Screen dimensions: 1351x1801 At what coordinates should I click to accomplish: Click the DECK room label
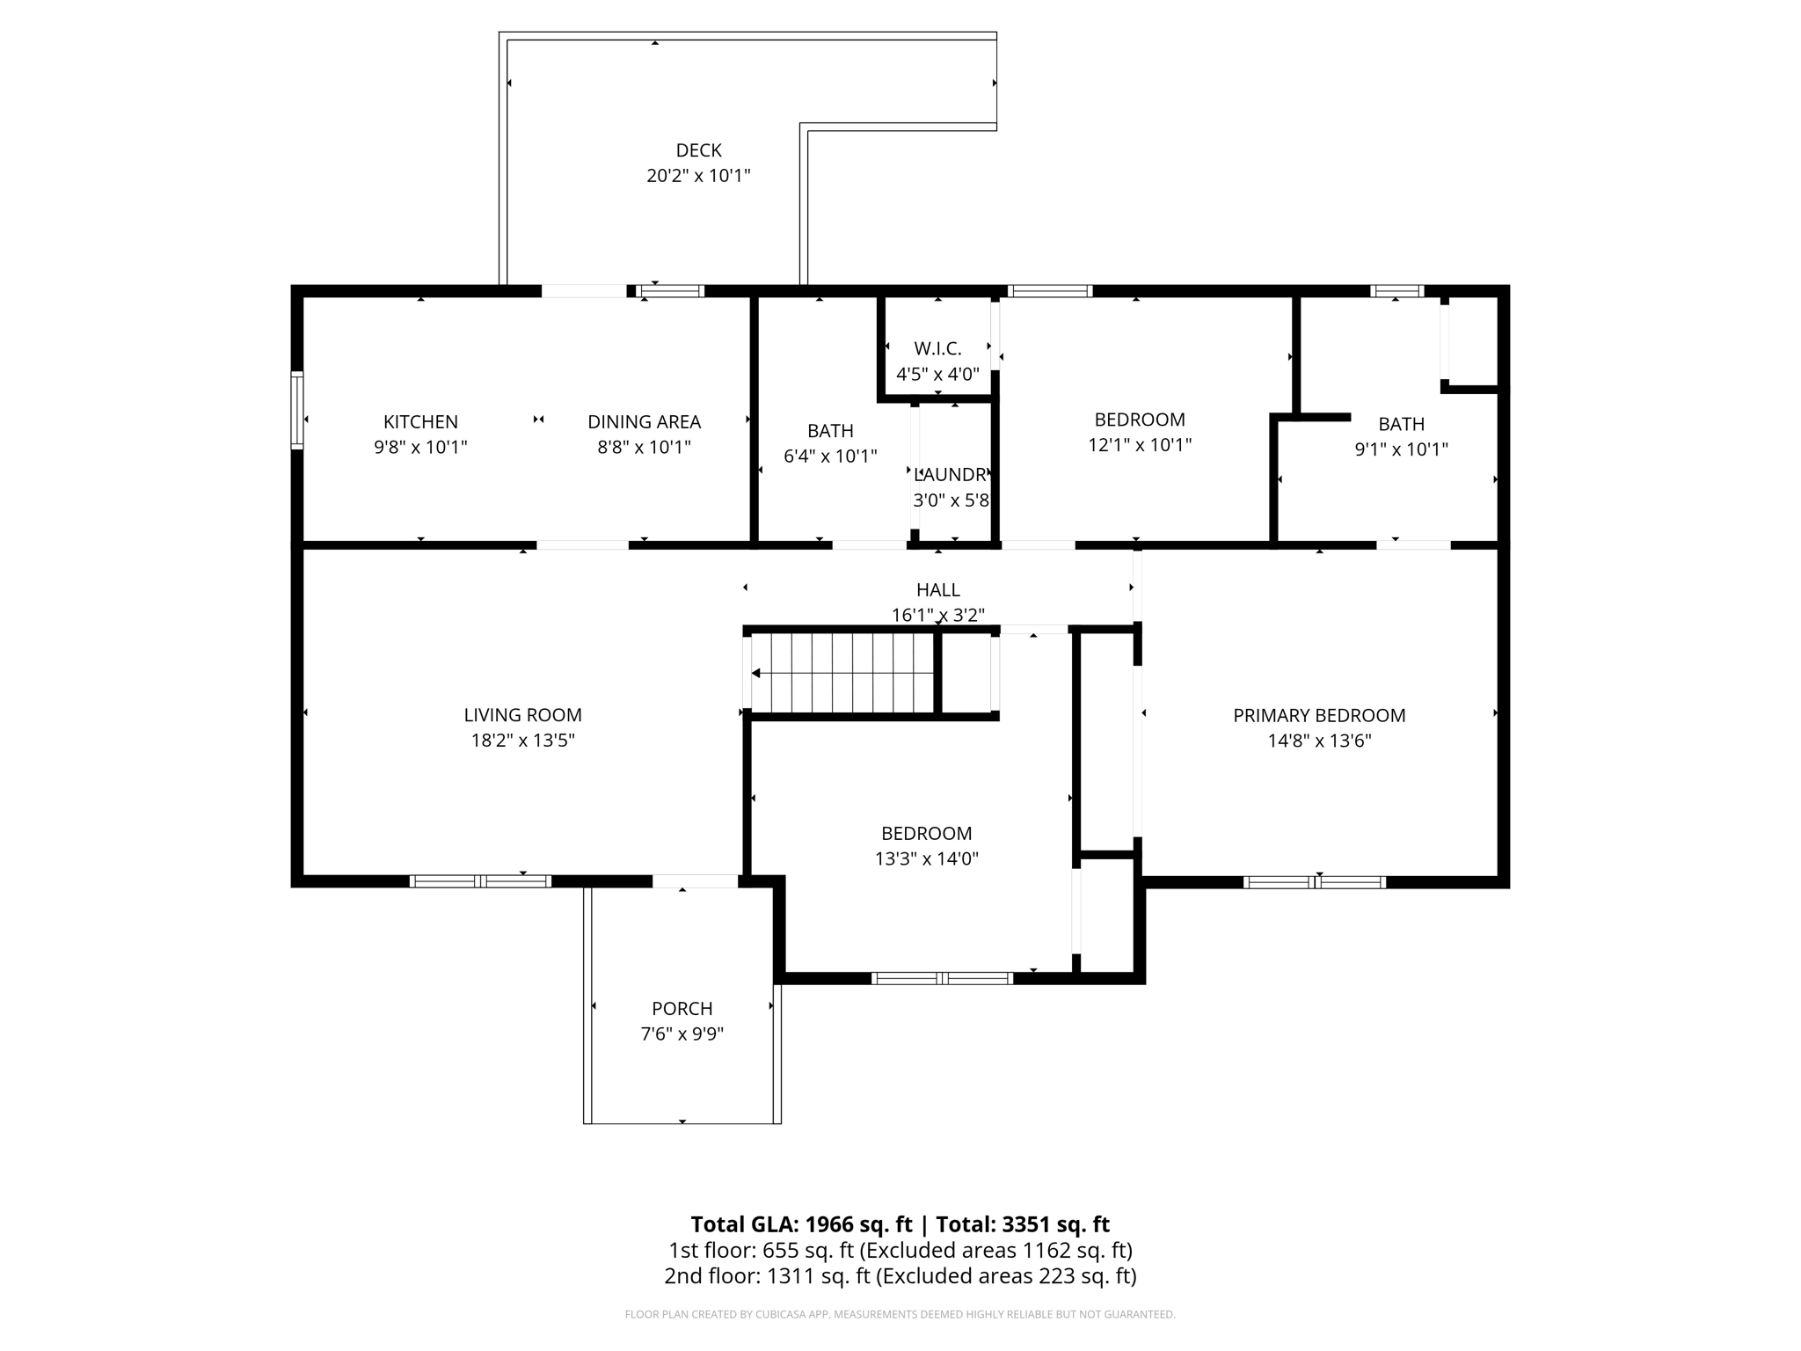click(698, 150)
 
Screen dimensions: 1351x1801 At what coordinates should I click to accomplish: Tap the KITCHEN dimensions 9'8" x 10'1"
click(420, 447)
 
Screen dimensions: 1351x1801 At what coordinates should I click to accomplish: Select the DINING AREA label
click(644, 422)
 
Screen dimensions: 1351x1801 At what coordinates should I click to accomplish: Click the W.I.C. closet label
click(937, 349)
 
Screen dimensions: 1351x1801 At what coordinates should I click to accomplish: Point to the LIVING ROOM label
click(522, 715)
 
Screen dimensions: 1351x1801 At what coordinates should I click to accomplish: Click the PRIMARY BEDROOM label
click(1318, 715)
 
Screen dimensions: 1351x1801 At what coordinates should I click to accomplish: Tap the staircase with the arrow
click(842, 674)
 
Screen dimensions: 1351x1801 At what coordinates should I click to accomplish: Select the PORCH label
click(682, 1009)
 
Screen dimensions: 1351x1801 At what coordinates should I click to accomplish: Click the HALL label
click(937, 590)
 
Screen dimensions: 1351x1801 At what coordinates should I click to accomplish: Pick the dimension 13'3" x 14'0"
click(926, 858)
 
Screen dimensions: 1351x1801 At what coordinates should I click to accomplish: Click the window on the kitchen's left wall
click(297, 411)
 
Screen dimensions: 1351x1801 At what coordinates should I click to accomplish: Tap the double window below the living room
click(480, 881)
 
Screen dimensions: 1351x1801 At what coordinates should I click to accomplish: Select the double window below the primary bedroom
click(1315, 882)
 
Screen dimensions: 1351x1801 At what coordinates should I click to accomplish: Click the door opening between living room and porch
click(695, 881)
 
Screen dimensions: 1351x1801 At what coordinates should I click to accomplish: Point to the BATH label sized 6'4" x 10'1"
click(830, 431)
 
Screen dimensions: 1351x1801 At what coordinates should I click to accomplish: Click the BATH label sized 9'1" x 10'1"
click(1401, 424)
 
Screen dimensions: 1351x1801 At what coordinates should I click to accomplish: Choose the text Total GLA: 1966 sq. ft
click(801, 1224)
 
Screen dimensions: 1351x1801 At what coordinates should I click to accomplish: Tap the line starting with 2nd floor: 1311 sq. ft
click(900, 1275)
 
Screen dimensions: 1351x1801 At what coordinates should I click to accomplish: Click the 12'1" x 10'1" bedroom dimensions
click(1140, 445)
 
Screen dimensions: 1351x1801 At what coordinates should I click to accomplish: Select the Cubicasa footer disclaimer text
click(900, 1314)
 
